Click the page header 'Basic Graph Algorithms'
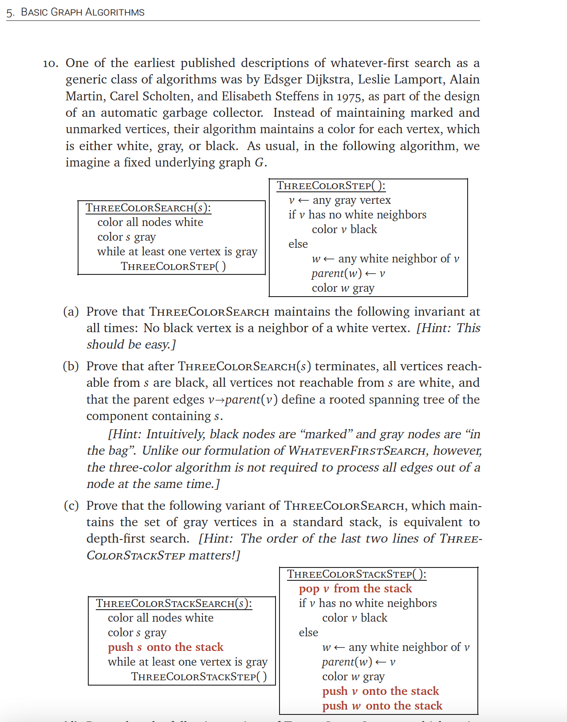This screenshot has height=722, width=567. point(83,12)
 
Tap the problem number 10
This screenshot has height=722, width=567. point(50,63)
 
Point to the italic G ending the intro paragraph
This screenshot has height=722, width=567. point(259,163)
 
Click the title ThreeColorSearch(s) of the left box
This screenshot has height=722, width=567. point(148,208)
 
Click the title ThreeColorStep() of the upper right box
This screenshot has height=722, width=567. point(331,186)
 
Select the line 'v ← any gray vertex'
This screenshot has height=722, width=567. point(339,200)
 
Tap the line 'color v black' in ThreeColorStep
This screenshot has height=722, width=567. point(344,230)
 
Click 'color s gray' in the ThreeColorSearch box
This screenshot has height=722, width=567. point(126,237)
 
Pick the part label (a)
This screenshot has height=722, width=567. point(71,312)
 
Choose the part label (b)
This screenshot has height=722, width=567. point(71,366)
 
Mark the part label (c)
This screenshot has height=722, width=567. point(71,506)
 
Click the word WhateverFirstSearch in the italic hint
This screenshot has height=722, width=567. point(357,451)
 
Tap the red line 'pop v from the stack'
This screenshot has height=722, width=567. point(355,589)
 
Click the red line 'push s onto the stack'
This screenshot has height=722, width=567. point(165,647)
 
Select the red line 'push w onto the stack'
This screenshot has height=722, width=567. point(382,706)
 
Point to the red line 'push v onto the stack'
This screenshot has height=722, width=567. point(380,691)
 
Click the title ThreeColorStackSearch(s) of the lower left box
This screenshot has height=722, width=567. point(174,603)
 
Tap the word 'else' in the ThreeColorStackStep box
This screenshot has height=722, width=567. point(308,633)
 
